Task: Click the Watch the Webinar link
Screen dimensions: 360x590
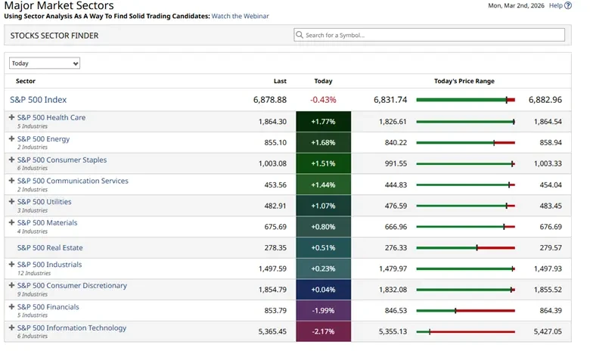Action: tap(240, 16)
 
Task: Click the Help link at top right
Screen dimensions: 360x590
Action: tap(556, 5)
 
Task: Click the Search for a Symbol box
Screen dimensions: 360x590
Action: tap(429, 35)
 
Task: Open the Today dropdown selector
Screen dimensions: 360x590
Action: tap(45, 64)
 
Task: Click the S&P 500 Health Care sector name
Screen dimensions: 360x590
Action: tap(51, 117)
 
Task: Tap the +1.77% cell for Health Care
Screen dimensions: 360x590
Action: tap(323, 122)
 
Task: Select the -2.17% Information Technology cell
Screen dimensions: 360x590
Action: tap(323, 332)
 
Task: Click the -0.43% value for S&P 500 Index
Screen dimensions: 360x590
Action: tap(323, 100)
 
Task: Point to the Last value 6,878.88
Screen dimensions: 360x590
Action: tap(269, 100)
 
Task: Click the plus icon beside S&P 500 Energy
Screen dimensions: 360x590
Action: tap(11, 139)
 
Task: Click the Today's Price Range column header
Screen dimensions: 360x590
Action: tap(464, 81)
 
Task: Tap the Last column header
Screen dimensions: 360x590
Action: tap(280, 81)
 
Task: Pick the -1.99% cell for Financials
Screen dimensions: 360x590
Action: tap(323, 311)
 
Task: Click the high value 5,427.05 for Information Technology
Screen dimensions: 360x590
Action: tap(545, 332)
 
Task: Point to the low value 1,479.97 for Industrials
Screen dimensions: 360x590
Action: tap(391, 268)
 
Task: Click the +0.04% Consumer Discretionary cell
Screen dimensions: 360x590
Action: tap(323, 290)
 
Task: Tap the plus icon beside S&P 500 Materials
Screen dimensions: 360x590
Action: tap(11, 223)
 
